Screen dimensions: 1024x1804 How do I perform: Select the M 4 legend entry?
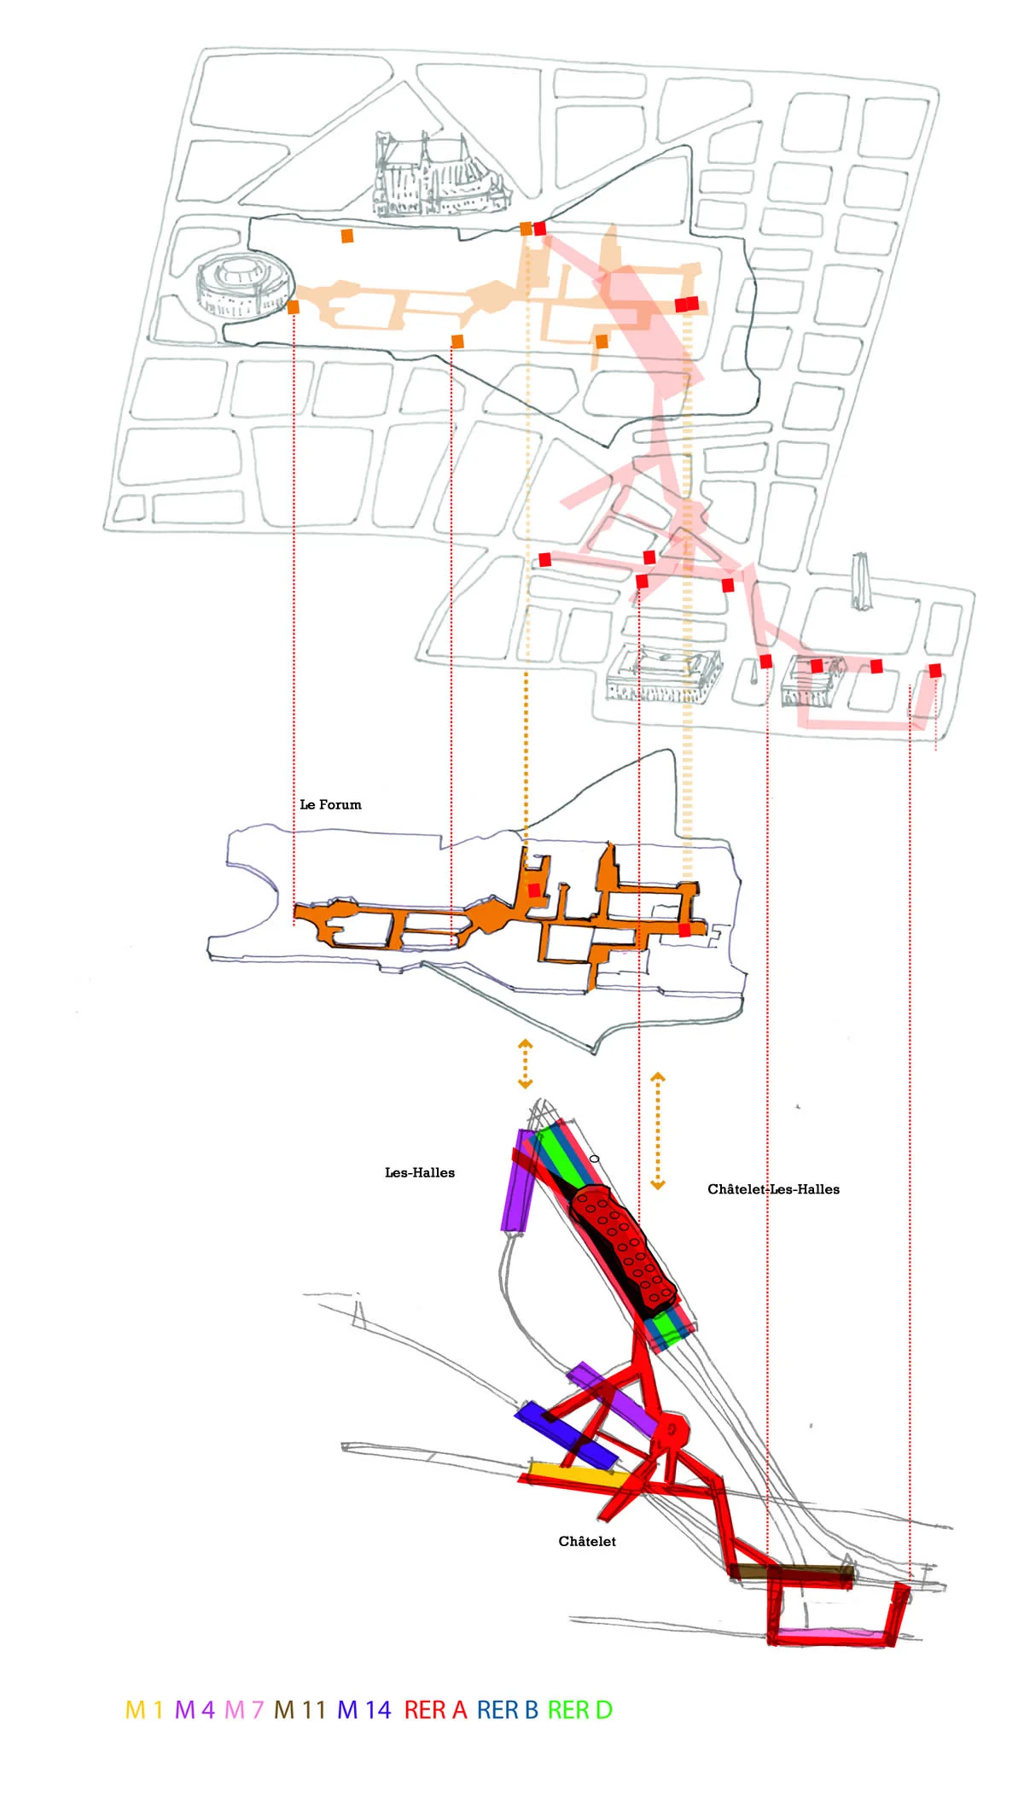(x=195, y=1709)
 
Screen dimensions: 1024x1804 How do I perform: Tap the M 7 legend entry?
(x=244, y=1709)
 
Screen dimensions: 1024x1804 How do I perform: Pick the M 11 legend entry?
(x=300, y=1709)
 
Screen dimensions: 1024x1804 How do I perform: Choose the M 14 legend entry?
(x=364, y=1709)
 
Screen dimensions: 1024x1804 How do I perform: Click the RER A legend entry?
(x=435, y=1709)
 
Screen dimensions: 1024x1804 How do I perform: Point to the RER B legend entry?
(x=507, y=1709)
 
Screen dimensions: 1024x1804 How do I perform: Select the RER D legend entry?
(x=579, y=1709)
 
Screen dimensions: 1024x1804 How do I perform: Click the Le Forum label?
(x=330, y=804)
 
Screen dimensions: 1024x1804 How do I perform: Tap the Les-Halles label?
(x=420, y=1172)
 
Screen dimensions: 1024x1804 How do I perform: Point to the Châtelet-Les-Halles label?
(x=773, y=1188)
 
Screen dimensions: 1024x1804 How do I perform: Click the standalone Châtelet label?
(x=587, y=1541)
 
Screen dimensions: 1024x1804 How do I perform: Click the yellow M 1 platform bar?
(x=572, y=1474)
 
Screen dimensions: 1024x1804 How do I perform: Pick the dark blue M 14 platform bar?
(x=565, y=1433)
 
